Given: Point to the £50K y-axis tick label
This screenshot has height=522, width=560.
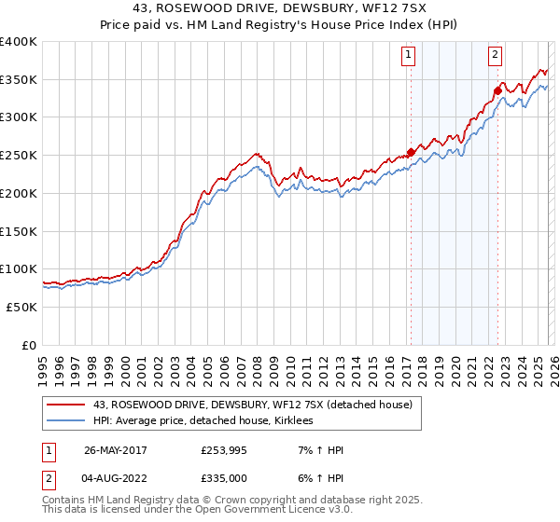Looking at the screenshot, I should click(21, 307).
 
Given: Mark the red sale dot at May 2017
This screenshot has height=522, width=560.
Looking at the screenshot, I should click(411, 153).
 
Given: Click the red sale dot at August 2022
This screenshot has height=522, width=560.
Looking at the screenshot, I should click(497, 91).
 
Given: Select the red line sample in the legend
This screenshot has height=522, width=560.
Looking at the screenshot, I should click(66, 404).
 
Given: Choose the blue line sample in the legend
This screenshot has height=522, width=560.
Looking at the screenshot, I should click(66, 420).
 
